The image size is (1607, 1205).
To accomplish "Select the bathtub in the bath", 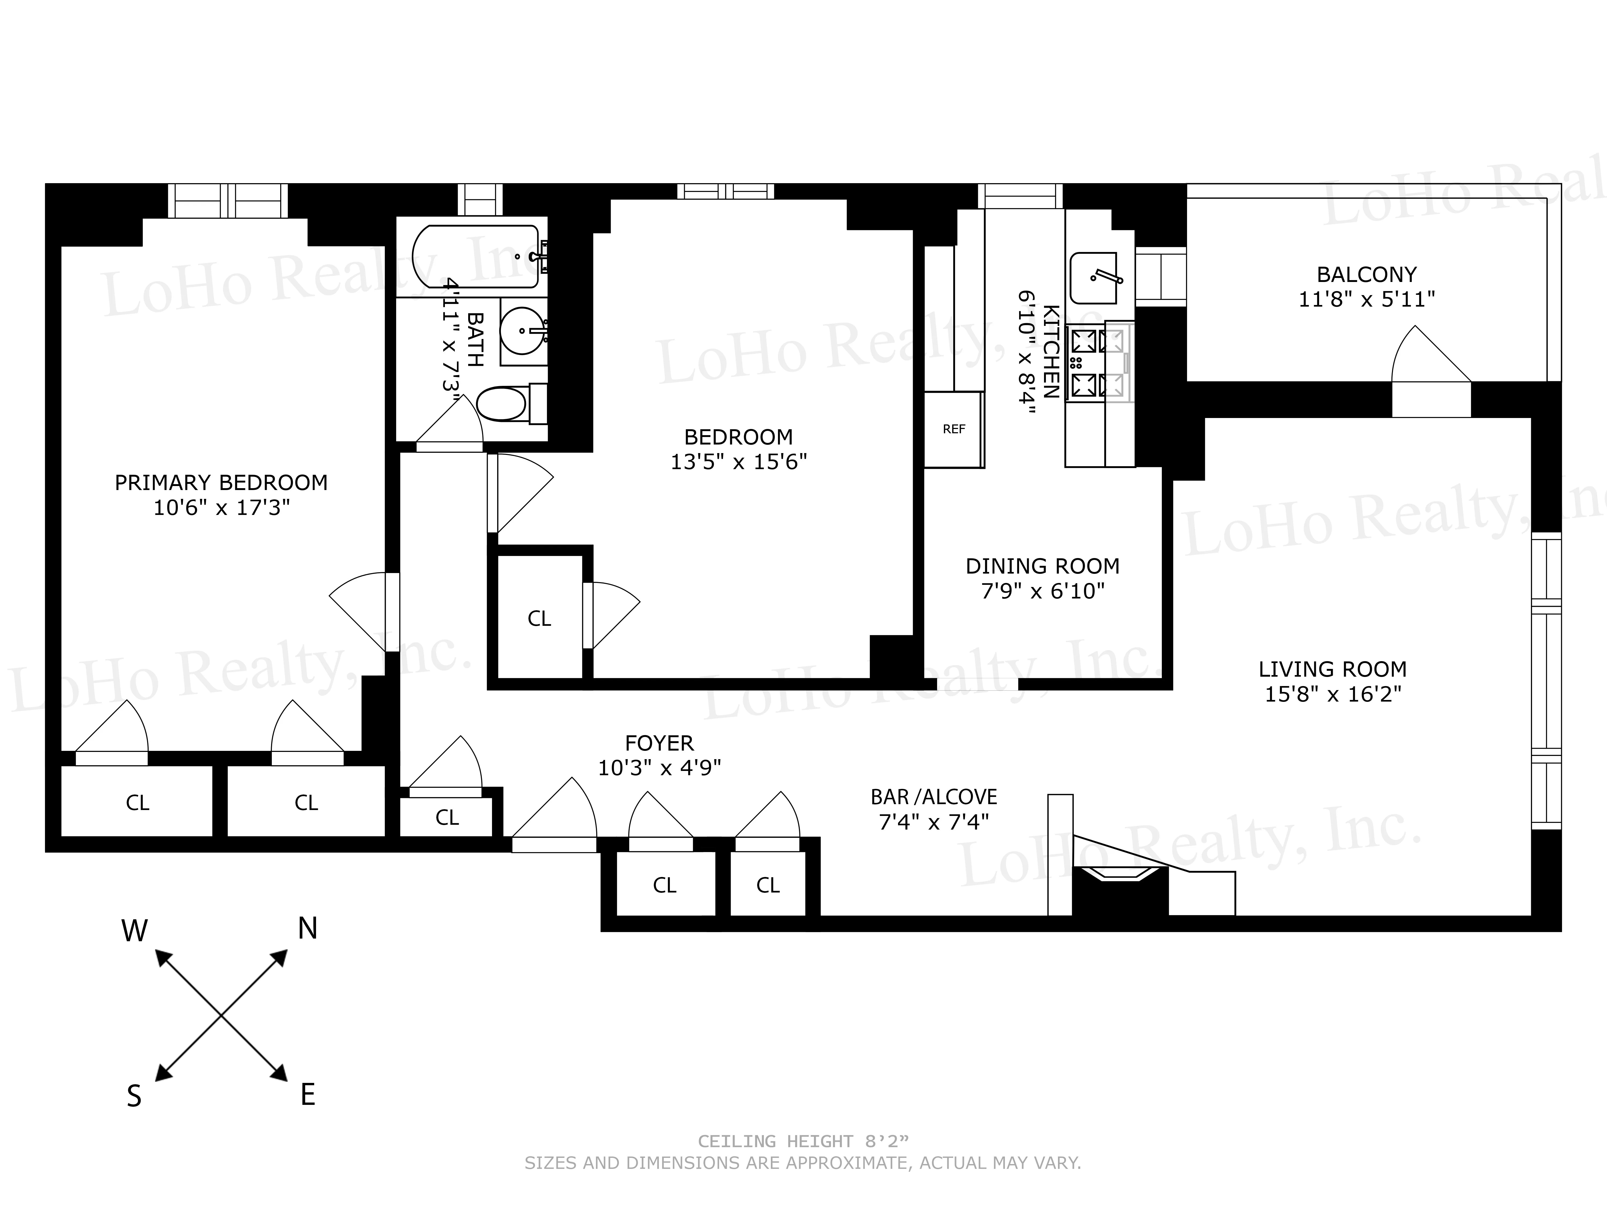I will (x=476, y=257).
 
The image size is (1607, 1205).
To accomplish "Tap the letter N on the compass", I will (x=307, y=928).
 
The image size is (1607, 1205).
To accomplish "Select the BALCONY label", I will (x=1366, y=274).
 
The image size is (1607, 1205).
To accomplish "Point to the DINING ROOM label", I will (x=1042, y=566).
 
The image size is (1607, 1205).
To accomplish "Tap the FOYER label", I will (x=659, y=743).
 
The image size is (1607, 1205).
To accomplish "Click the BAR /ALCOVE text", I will (x=934, y=797).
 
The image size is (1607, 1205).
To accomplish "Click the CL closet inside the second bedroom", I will (x=539, y=618).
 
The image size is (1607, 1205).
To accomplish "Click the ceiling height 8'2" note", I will (x=803, y=1142).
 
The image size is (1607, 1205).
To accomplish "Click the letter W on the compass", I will (x=134, y=931).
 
